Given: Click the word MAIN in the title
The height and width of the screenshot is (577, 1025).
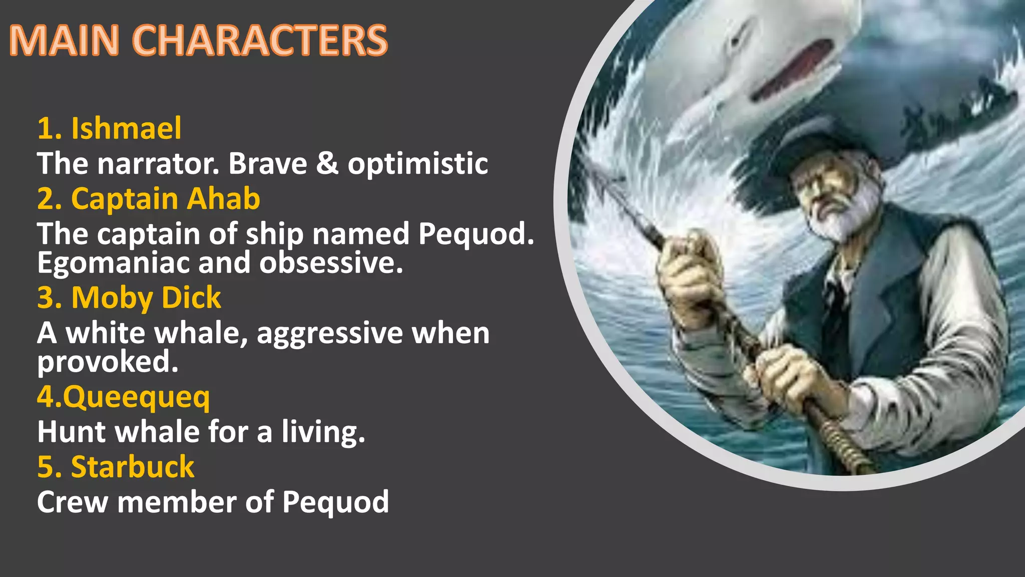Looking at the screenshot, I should coord(64,40).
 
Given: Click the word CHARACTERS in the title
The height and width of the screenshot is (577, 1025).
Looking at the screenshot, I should coord(260,40).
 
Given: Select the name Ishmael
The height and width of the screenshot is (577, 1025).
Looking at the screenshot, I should coord(126,128).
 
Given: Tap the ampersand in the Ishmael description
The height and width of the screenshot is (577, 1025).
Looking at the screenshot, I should coord(327,163).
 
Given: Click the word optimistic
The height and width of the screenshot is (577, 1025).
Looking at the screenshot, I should coord(418,164).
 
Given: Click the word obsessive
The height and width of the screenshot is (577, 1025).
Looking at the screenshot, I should coord(331,262).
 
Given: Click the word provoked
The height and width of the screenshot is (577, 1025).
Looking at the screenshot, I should coord(108,362).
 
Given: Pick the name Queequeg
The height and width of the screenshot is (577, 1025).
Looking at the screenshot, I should coord(136,398).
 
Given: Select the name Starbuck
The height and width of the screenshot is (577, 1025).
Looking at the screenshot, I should coord(133,467).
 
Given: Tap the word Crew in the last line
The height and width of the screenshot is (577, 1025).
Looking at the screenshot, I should coord(73,502).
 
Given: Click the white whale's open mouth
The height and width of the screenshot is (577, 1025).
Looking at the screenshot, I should coord(793,70).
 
